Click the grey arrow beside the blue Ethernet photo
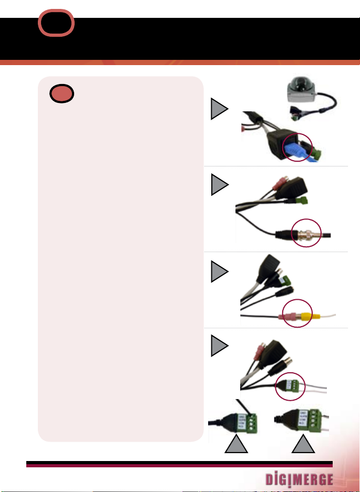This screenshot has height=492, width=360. [220, 110]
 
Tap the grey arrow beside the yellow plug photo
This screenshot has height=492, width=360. [220, 271]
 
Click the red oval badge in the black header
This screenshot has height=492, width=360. [56, 24]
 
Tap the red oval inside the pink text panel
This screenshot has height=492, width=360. [63, 94]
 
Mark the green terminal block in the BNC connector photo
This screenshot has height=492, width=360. [302, 200]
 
